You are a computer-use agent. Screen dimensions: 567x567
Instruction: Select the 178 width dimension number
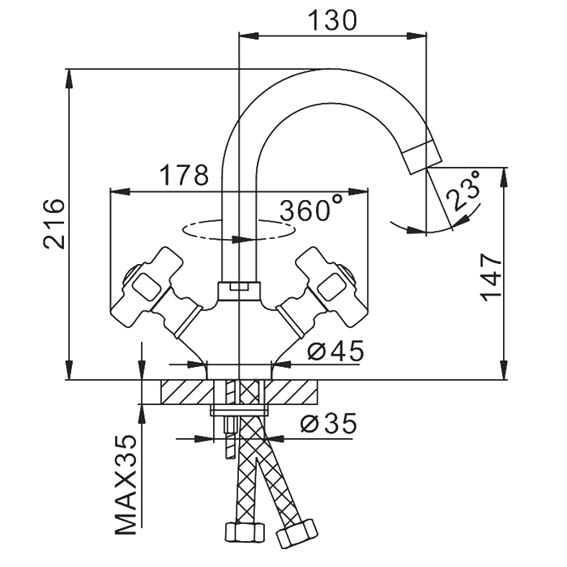[183, 175]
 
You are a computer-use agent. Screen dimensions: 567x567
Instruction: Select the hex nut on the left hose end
[243, 533]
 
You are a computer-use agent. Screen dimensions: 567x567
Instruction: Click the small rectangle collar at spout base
[240, 287]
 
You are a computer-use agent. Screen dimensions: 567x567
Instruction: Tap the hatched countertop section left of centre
[184, 392]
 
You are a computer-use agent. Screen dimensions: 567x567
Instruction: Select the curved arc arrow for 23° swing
[421, 228]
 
